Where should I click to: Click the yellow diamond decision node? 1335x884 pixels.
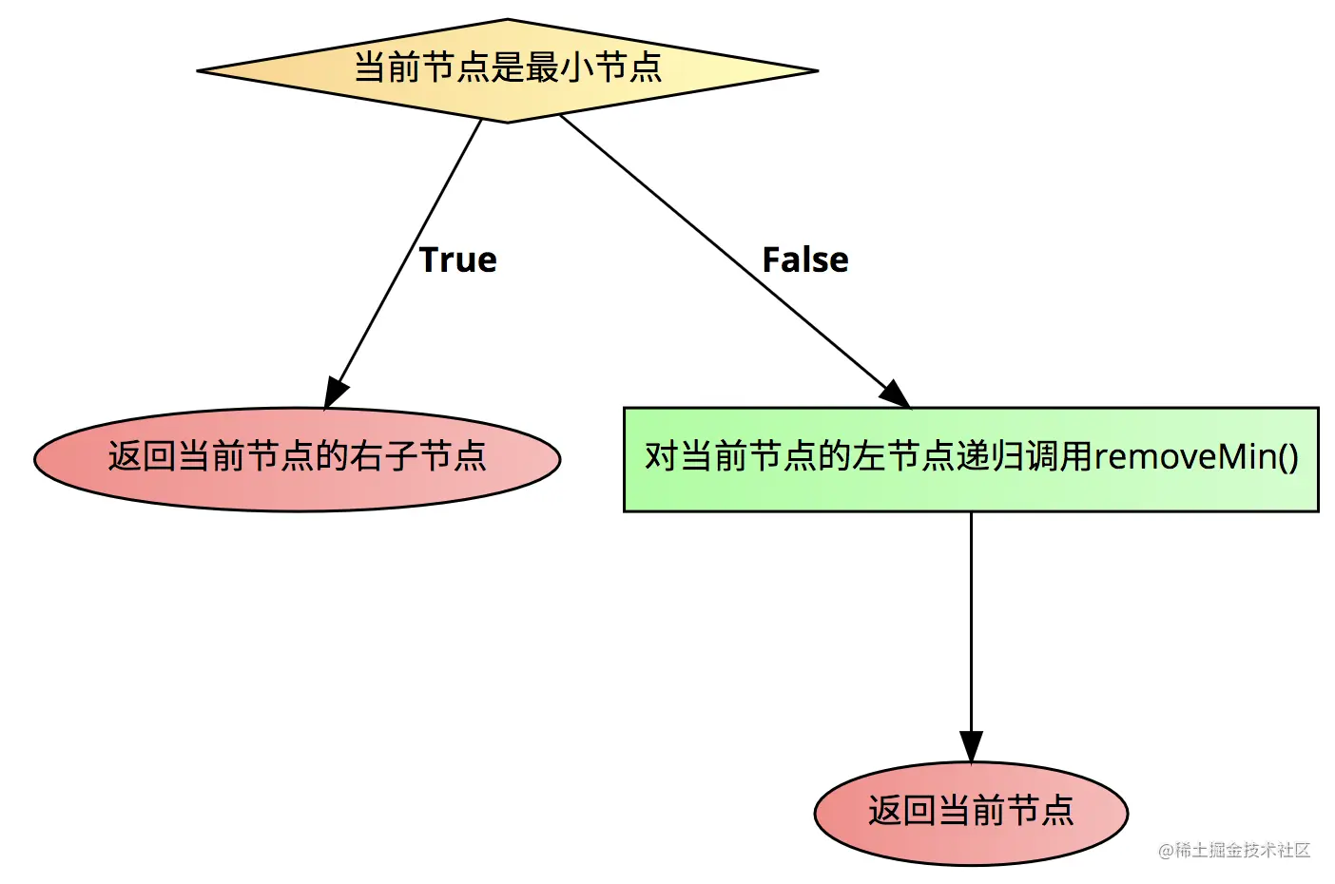coord(507,71)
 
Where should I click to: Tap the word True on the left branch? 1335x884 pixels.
coord(457,259)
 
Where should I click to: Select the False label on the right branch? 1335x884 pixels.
coord(805,259)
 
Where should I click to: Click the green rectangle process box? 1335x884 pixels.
coord(971,459)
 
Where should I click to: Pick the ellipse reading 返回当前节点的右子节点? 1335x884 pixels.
coord(297,459)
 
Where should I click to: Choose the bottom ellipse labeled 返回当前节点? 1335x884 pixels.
coord(971,813)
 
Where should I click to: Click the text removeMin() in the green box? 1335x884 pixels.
coord(1196,457)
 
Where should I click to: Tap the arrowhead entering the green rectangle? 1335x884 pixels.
coord(895,394)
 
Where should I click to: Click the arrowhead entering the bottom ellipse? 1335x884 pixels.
coord(971,747)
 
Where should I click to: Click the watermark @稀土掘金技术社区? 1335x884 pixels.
coord(1233,850)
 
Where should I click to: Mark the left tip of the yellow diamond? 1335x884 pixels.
coord(197,71)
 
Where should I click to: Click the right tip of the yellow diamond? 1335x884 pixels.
coord(818,71)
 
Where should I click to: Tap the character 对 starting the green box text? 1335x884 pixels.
coord(662,457)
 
